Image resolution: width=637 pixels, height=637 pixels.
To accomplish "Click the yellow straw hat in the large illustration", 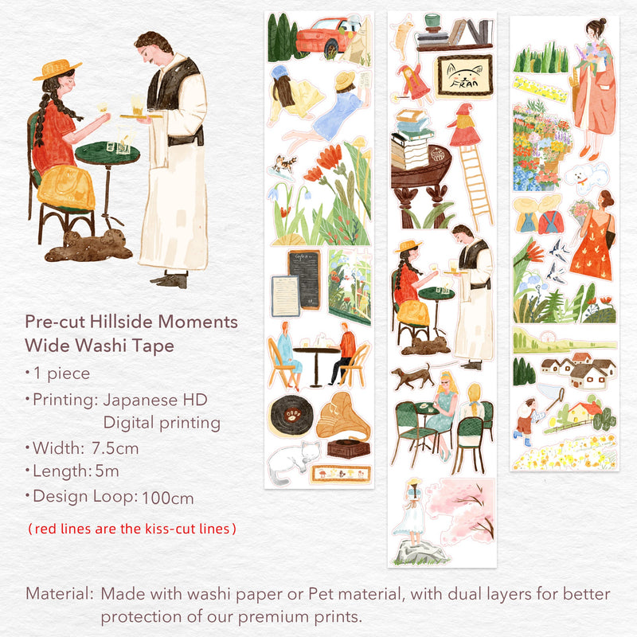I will click(x=57, y=69).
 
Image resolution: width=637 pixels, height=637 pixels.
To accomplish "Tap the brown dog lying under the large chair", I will click(x=89, y=246).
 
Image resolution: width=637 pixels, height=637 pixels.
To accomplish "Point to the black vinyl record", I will click(x=289, y=416).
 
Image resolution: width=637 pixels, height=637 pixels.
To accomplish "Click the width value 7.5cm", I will click(x=115, y=448).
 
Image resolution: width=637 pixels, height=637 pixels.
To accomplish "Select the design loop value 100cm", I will click(x=167, y=498).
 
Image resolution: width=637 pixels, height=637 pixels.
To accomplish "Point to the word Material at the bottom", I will click(x=57, y=594).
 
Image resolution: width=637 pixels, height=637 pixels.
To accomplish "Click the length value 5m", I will click(x=107, y=471).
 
